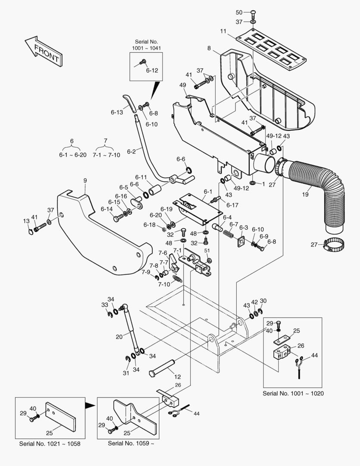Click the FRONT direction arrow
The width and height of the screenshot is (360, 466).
[44, 51]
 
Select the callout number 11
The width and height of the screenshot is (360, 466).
[223, 31]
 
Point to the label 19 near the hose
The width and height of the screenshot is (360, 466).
[305, 195]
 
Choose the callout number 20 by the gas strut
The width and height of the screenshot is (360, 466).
[119, 336]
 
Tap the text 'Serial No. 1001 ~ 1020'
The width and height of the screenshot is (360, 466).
[293, 394]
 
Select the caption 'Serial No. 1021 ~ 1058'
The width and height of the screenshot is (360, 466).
[50, 444]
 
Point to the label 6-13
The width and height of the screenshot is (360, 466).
[116, 112]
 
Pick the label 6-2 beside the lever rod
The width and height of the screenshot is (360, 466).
[131, 151]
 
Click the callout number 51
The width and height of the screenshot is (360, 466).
[207, 250]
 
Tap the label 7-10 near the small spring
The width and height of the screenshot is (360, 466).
[164, 284]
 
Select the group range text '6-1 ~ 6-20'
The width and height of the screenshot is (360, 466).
[72, 155]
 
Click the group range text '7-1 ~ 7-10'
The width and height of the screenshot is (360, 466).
[106, 155]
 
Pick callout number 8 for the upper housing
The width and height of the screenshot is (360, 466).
[209, 48]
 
